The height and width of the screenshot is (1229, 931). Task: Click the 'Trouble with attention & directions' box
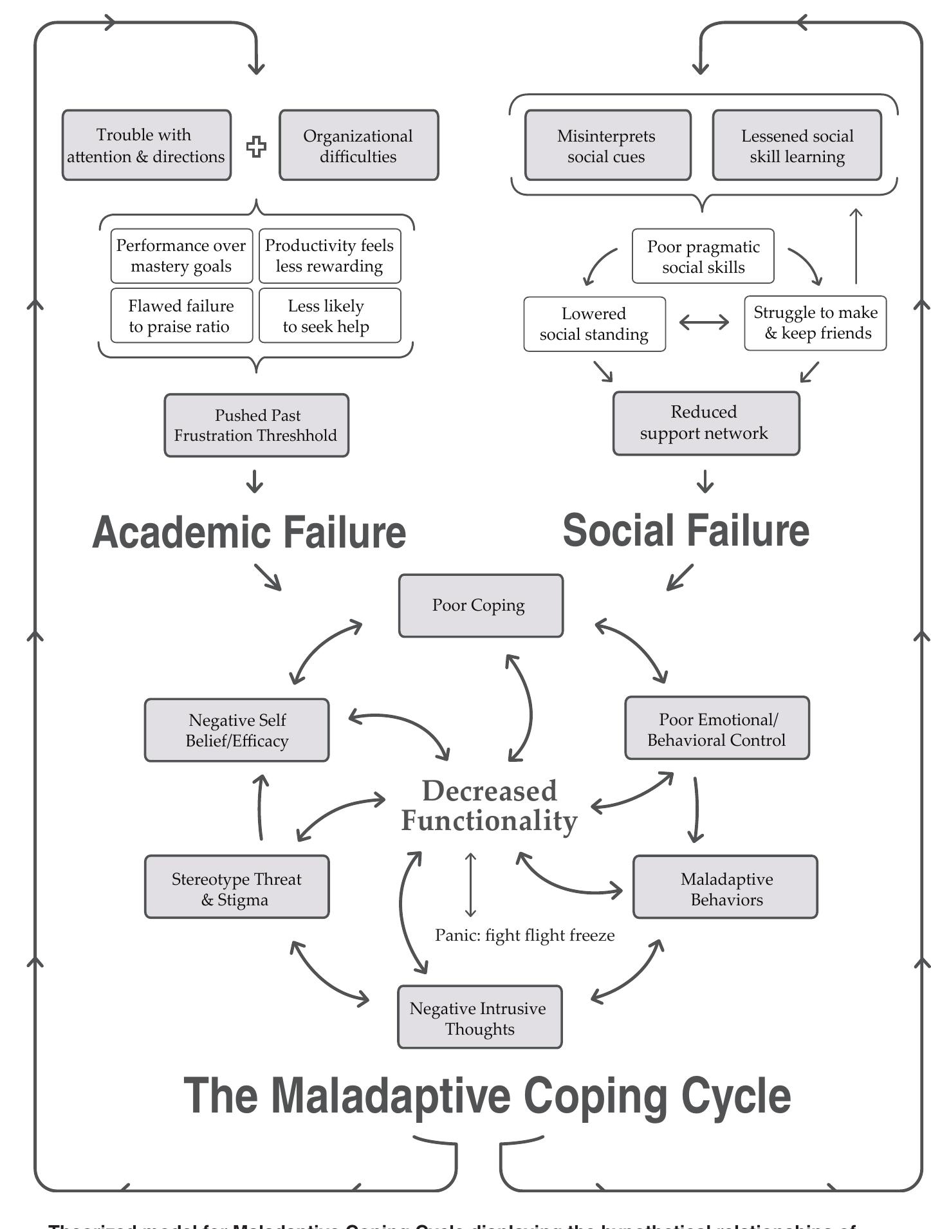pyautogui.click(x=146, y=145)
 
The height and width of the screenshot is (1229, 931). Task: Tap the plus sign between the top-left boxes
pyautogui.click(x=256, y=147)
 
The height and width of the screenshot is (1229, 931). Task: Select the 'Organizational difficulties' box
pyautogui.click(x=358, y=145)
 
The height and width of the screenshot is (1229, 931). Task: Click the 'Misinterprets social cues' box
pyautogui.click(x=607, y=145)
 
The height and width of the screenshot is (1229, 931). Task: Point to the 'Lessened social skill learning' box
pyautogui.click(x=797, y=145)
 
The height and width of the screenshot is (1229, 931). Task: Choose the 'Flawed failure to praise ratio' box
pyautogui.click(x=181, y=315)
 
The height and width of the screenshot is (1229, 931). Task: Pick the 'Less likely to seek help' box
pyautogui.click(x=329, y=315)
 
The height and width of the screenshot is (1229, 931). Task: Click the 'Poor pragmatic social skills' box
pyautogui.click(x=703, y=256)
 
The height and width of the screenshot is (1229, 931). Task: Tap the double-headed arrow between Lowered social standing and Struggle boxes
pyautogui.click(x=704, y=322)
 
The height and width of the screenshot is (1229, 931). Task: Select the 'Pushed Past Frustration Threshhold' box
pyautogui.click(x=256, y=425)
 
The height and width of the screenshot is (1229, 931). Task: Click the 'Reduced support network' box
pyautogui.click(x=705, y=423)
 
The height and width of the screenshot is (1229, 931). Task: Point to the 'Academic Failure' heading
pyautogui.click(x=249, y=532)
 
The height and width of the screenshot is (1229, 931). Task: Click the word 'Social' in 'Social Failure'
pyautogui.click(x=618, y=530)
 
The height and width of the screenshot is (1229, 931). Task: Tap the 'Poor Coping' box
pyautogui.click(x=480, y=605)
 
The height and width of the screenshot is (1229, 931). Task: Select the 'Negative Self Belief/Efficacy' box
pyautogui.click(x=237, y=730)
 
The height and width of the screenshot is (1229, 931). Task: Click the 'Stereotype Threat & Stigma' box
pyautogui.click(x=237, y=887)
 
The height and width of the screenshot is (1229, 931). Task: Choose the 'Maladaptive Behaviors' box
pyautogui.click(x=725, y=887)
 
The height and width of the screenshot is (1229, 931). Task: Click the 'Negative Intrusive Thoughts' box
pyautogui.click(x=479, y=1017)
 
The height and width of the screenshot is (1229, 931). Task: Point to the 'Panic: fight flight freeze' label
pyautogui.click(x=524, y=935)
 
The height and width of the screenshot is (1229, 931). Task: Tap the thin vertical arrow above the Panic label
pyautogui.click(x=470, y=885)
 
